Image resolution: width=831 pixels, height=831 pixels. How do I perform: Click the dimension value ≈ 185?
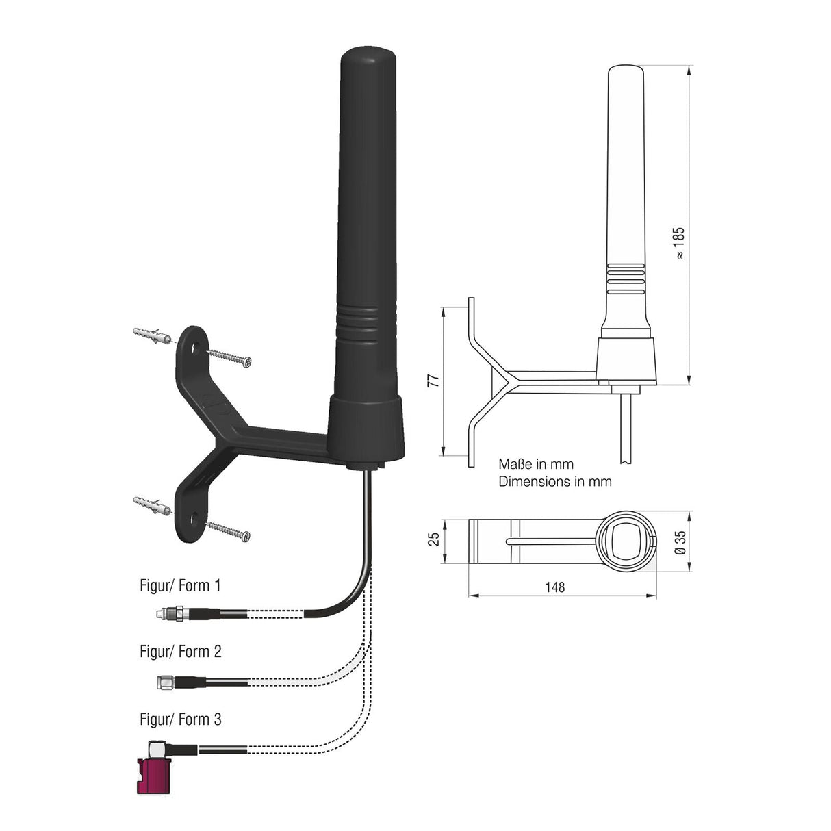click(679, 243)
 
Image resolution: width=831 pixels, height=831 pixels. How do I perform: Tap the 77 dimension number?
click(432, 381)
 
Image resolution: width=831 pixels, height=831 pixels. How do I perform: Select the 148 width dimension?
click(555, 587)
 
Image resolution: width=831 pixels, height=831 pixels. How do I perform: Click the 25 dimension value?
click(433, 539)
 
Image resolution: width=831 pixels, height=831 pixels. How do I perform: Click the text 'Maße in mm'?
click(536, 465)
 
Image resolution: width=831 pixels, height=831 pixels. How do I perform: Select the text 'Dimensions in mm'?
click(554, 481)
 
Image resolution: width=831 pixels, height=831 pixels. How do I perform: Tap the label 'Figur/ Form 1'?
click(180, 586)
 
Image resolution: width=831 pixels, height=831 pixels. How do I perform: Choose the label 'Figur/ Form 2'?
click(180, 651)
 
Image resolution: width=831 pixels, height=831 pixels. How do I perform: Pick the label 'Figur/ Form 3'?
click(180, 719)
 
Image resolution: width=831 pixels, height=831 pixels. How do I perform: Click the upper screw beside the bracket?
click(230, 357)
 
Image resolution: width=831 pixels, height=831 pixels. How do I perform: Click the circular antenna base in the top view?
click(626, 541)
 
